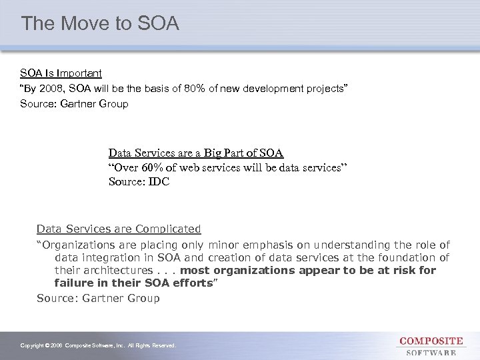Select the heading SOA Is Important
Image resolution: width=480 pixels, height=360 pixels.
tap(61, 73)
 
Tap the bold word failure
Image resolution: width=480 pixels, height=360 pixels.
tap(74, 283)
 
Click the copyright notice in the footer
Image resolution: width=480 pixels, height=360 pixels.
tap(98, 346)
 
